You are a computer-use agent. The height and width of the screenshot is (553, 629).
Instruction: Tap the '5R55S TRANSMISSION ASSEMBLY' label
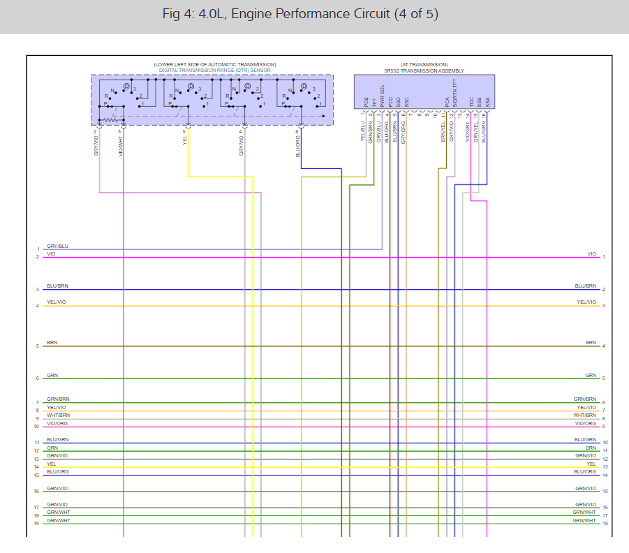click(x=424, y=71)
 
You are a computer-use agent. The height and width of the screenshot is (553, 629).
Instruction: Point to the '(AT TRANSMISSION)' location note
click(x=424, y=64)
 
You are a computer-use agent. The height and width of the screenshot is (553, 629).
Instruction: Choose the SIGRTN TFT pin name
click(x=454, y=94)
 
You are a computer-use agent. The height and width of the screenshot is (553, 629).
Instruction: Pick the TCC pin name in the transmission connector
click(x=471, y=101)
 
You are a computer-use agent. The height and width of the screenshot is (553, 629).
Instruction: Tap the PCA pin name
click(x=447, y=102)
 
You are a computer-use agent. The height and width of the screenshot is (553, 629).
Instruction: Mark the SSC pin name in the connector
click(x=406, y=102)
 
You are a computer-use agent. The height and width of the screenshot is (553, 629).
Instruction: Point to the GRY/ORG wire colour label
click(x=404, y=133)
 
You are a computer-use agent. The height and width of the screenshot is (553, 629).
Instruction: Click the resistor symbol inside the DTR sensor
click(x=108, y=120)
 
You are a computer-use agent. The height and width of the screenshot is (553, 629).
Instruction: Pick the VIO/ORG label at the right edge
click(x=585, y=423)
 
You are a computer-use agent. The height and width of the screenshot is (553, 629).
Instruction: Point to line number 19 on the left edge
click(x=37, y=524)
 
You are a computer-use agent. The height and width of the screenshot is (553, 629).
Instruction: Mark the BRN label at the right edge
click(x=591, y=343)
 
